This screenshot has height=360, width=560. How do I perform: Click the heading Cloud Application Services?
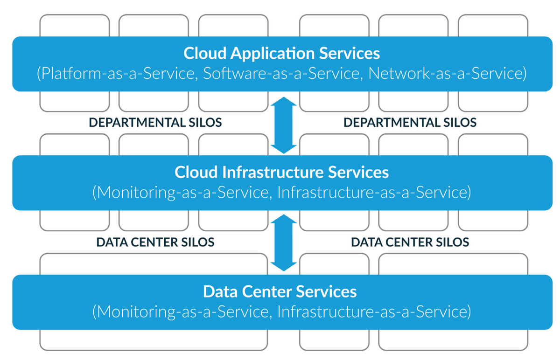click(281, 53)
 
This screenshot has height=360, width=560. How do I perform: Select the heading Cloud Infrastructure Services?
click(281, 172)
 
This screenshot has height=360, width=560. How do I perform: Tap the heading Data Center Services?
click(280, 292)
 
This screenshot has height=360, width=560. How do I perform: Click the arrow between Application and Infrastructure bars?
click(284, 125)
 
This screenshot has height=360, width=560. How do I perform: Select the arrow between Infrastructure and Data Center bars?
click(284, 243)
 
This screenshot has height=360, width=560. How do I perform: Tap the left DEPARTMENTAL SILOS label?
click(155, 123)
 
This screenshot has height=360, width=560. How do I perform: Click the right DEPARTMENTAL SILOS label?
click(410, 123)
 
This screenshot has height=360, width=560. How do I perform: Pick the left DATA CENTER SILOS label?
click(155, 242)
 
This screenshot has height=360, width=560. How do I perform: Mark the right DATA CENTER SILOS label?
click(410, 242)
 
